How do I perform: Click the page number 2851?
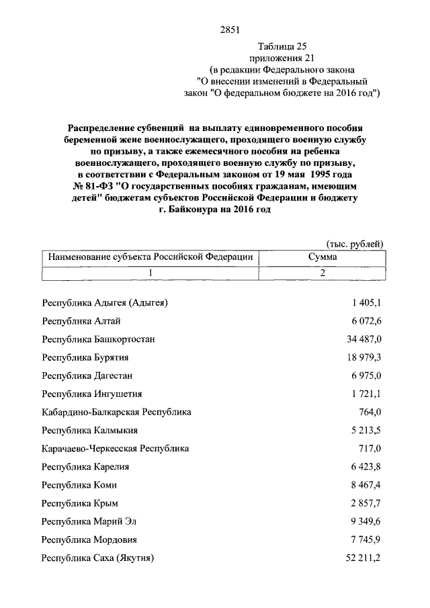pos(230,30)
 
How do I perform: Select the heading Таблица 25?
pos(282,46)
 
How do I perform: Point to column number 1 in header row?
pos(150,273)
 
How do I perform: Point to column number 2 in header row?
pos(322,273)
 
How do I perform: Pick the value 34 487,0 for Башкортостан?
pos(363,339)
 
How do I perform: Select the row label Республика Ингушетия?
pos(91,394)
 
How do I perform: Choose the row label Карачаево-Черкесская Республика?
pos(115,448)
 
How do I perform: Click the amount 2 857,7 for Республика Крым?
pos(365,503)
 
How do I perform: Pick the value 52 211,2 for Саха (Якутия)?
pos(363,557)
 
